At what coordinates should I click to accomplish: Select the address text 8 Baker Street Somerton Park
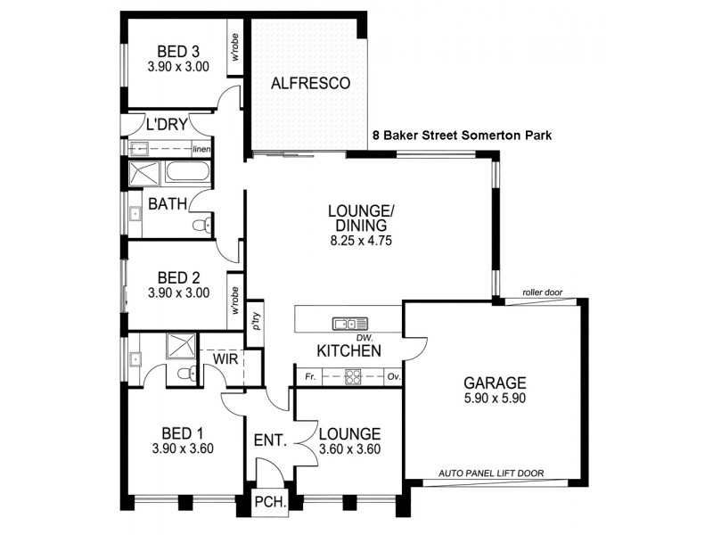click(462, 136)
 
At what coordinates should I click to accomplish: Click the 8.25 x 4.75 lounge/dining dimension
click(360, 240)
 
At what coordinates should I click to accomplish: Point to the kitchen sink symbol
click(350, 323)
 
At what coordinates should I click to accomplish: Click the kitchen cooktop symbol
click(353, 376)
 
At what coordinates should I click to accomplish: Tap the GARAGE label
click(494, 383)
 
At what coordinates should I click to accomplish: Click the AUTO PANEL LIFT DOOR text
click(492, 473)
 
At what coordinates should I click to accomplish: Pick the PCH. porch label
click(270, 503)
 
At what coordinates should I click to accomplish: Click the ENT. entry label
click(269, 440)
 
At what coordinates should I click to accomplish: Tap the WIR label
click(224, 358)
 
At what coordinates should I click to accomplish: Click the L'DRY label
click(167, 124)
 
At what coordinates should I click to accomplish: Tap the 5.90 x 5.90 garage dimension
click(494, 399)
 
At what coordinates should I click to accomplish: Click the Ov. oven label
click(393, 377)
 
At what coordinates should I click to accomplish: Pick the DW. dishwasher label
click(363, 338)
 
